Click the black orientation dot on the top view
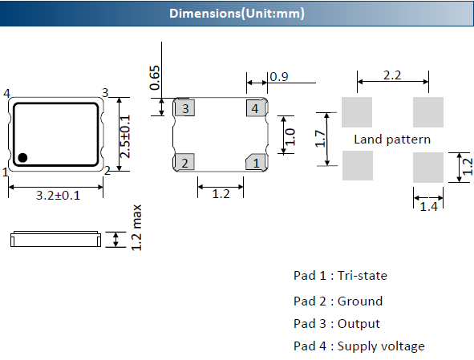22,157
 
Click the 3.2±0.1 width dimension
58,196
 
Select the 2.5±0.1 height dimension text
125,136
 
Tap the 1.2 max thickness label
136,228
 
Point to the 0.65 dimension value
155,78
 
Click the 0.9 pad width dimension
279,77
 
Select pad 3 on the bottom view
184,107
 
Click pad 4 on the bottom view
256,108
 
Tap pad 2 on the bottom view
184,162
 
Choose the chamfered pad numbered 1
256,162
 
